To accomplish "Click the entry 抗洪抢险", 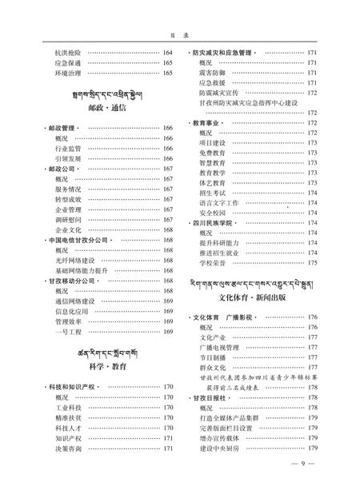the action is point(67,53).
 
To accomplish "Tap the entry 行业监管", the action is point(67,148).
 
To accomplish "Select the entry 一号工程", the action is point(67,333).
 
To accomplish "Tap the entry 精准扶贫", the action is point(67,418).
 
